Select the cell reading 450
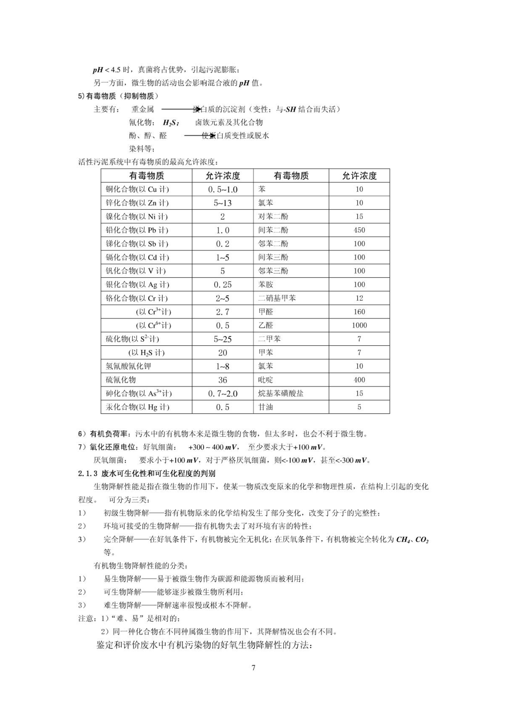click(x=359, y=230)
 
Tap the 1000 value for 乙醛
click(x=359, y=325)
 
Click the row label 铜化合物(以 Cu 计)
click(x=137, y=189)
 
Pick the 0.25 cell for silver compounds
click(x=222, y=284)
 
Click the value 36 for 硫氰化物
click(x=222, y=380)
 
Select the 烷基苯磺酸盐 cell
click(x=281, y=393)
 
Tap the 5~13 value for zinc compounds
click(x=222, y=203)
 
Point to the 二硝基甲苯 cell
click(x=277, y=298)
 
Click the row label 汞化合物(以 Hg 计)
click(x=137, y=407)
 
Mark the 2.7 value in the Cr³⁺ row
click(x=222, y=312)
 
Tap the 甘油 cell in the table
click(x=266, y=407)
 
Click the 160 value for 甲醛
click(x=359, y=312)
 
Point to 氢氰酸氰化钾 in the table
click(x=128, y=366)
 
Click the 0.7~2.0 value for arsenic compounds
click(x=222, y=394)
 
